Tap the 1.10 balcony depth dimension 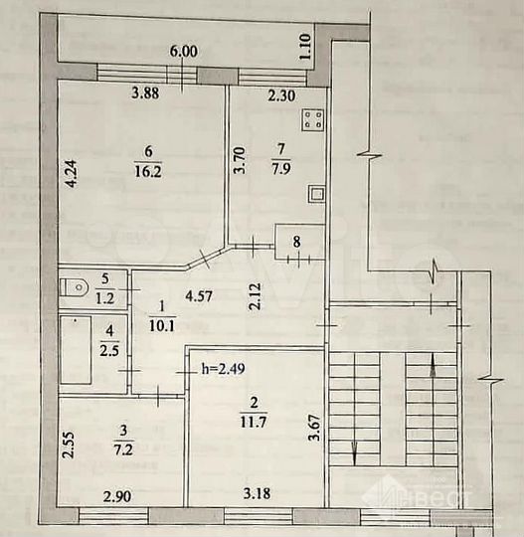coord(306,44)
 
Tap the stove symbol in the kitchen coord(315,120)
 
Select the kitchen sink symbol coord(316,193)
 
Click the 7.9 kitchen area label coord(279,169)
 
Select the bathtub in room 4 coord(77,349)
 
